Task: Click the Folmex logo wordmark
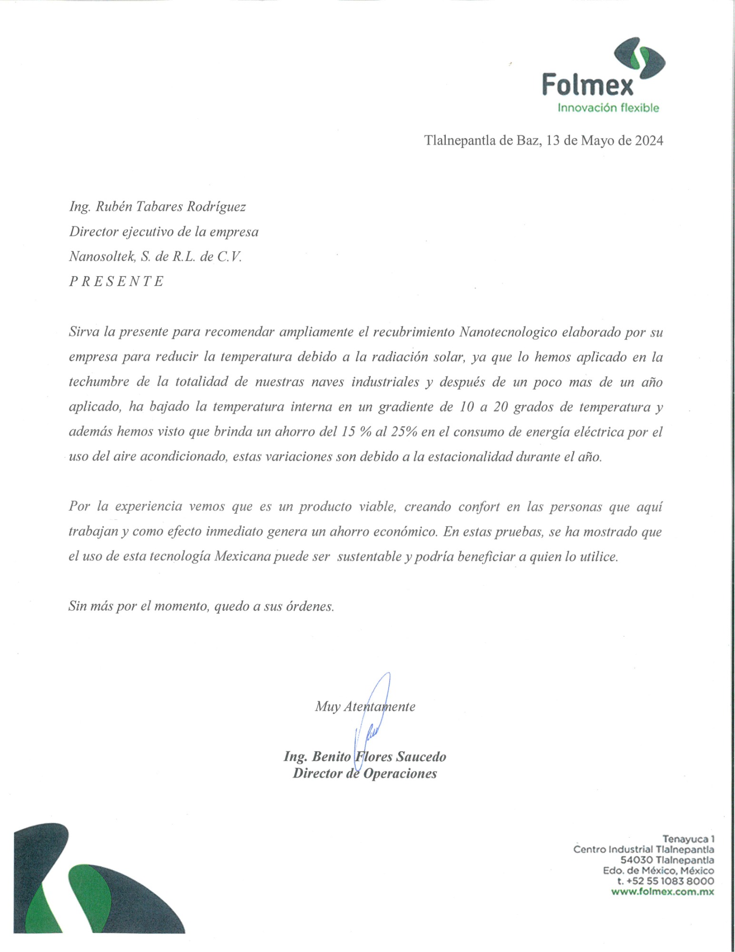tap(588, 86)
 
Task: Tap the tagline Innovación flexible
tap(608, 108)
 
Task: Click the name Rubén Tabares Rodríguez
tap(171, 207)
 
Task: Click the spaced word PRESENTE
tap(117, 281)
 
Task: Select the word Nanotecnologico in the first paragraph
tap(508, 332)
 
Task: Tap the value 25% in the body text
tap(404, 432)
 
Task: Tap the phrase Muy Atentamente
tap(365, 706)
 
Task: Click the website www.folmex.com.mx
tap(662, 892)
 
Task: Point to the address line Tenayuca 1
tap(688, 839)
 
